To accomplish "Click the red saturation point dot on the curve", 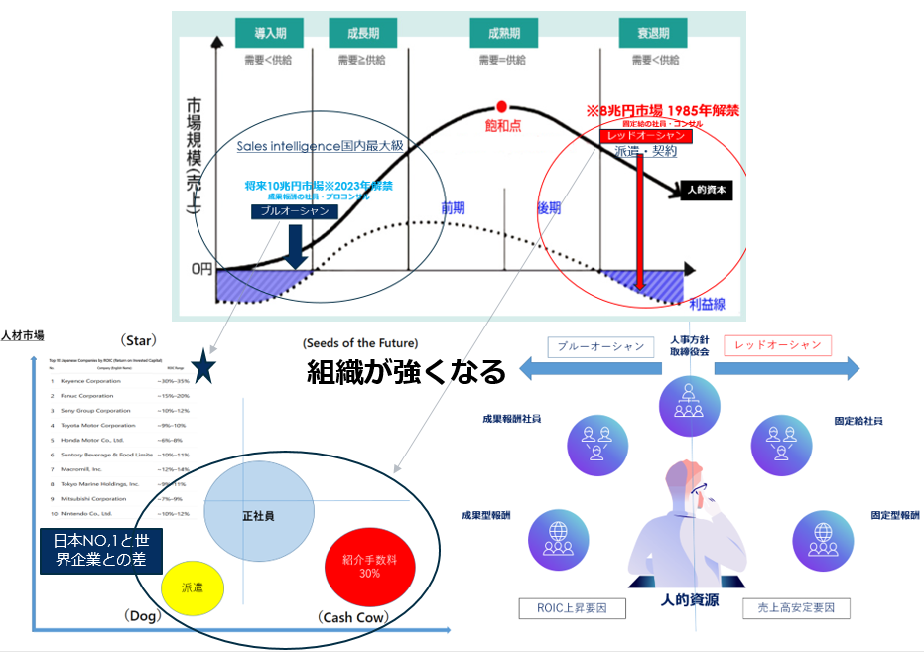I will (501, 105).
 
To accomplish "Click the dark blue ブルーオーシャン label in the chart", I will (294, 211).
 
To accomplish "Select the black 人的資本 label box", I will (708, 189).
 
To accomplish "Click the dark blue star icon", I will (203, 369).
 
